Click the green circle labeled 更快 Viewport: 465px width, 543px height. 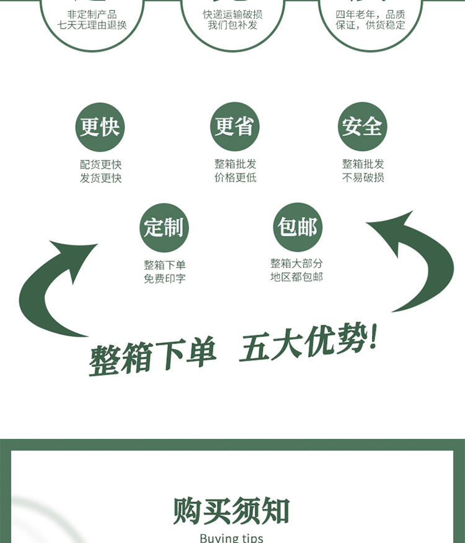100,127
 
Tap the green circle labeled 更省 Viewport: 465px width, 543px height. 234,126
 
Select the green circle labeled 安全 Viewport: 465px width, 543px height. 363,126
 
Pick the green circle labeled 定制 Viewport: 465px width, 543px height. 164,227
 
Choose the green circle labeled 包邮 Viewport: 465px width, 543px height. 298,227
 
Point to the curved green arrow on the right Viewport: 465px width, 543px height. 422,260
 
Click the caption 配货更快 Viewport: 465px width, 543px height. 100,165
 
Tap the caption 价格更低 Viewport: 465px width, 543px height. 235,178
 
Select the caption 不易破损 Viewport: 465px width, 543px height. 363,178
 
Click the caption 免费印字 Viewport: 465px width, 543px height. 164,279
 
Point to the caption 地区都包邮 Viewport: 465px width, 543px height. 296,277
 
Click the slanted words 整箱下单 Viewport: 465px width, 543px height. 153,357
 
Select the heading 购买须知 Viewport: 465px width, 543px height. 232,511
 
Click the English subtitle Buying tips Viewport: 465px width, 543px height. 232,537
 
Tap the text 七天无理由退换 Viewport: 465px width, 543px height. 92,25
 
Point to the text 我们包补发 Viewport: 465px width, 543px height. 232,25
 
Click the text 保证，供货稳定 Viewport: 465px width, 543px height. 370,25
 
